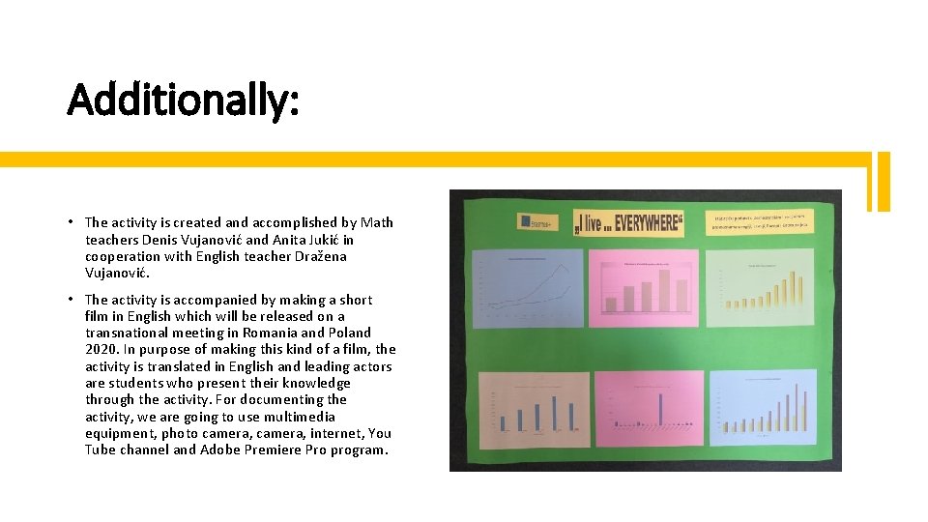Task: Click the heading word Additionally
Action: (x=183, y=100)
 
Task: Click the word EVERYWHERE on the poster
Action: (x=645, y=224)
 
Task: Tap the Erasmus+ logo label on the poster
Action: (x=536, y=224)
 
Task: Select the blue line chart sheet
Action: (x=528, y=288)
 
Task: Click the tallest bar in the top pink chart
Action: (x=663, y=289)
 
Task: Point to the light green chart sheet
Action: (x=760, y=288)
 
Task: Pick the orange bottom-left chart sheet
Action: (x=534, y=409)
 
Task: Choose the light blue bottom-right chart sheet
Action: (x=768, y=409)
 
